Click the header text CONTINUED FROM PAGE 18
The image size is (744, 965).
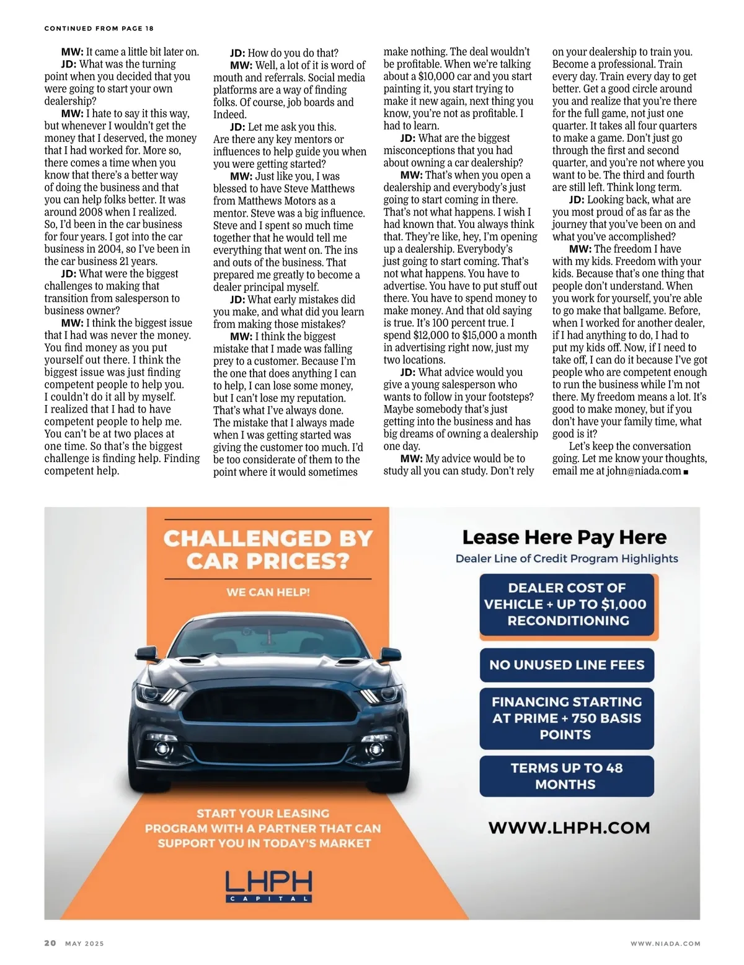point(99,28)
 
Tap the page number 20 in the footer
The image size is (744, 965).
point(50,943)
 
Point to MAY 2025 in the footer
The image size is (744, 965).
point(84,943)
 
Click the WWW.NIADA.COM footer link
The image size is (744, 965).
point(665,943)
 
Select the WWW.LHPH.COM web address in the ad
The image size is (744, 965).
point(569,828)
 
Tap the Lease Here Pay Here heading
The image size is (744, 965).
point(564,537)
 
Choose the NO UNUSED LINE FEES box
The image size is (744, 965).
point(567,665)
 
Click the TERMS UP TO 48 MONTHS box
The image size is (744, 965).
point(567,776)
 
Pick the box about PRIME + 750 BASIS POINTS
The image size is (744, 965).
point(567,718)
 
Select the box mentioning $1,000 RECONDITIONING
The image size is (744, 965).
point(567,605)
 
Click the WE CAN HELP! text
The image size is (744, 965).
point(268,592)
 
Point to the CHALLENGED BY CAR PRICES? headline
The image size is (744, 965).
point(268,549)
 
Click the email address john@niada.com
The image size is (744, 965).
point(644,471)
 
